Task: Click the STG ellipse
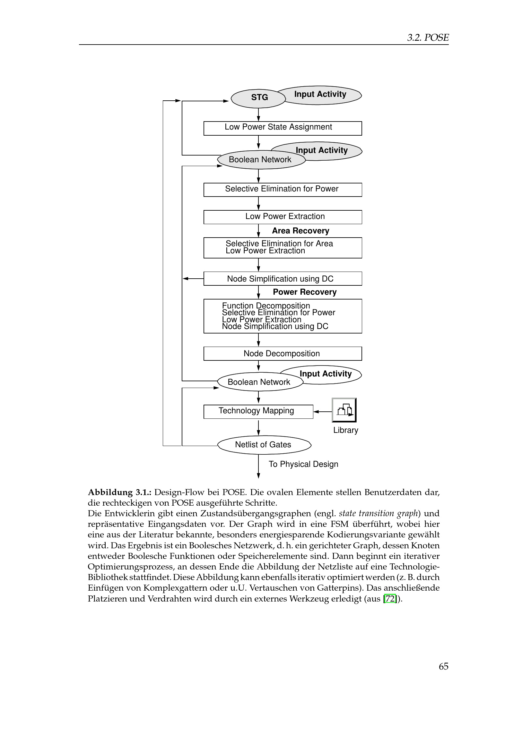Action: click(x=258, y=98)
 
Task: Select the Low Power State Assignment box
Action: click(x=283, y=128)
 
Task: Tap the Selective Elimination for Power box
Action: click(x=283, y=190)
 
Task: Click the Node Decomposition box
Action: click(x=283, y=353)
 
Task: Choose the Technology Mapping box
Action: click(x=258, y=411)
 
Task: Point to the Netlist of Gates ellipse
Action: click(x=264, y=444)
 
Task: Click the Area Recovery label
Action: click(x=300, y=231)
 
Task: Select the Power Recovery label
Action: click(x=304, y=292)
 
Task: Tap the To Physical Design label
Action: click(x=303, y=464)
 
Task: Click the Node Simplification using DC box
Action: click(x=283, y=279)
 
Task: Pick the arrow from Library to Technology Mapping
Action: click(x=322, y=412)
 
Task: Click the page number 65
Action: click(x=443, y=666)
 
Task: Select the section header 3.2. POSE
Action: click(x=428, y=38)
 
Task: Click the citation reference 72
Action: click(x=390, y=599)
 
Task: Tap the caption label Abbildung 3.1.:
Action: click(x=119, y=492)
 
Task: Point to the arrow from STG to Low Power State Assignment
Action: click(x=258, y=114)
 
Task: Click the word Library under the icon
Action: click(x=346, y=430)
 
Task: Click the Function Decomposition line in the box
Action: click(x=266, y=306)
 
